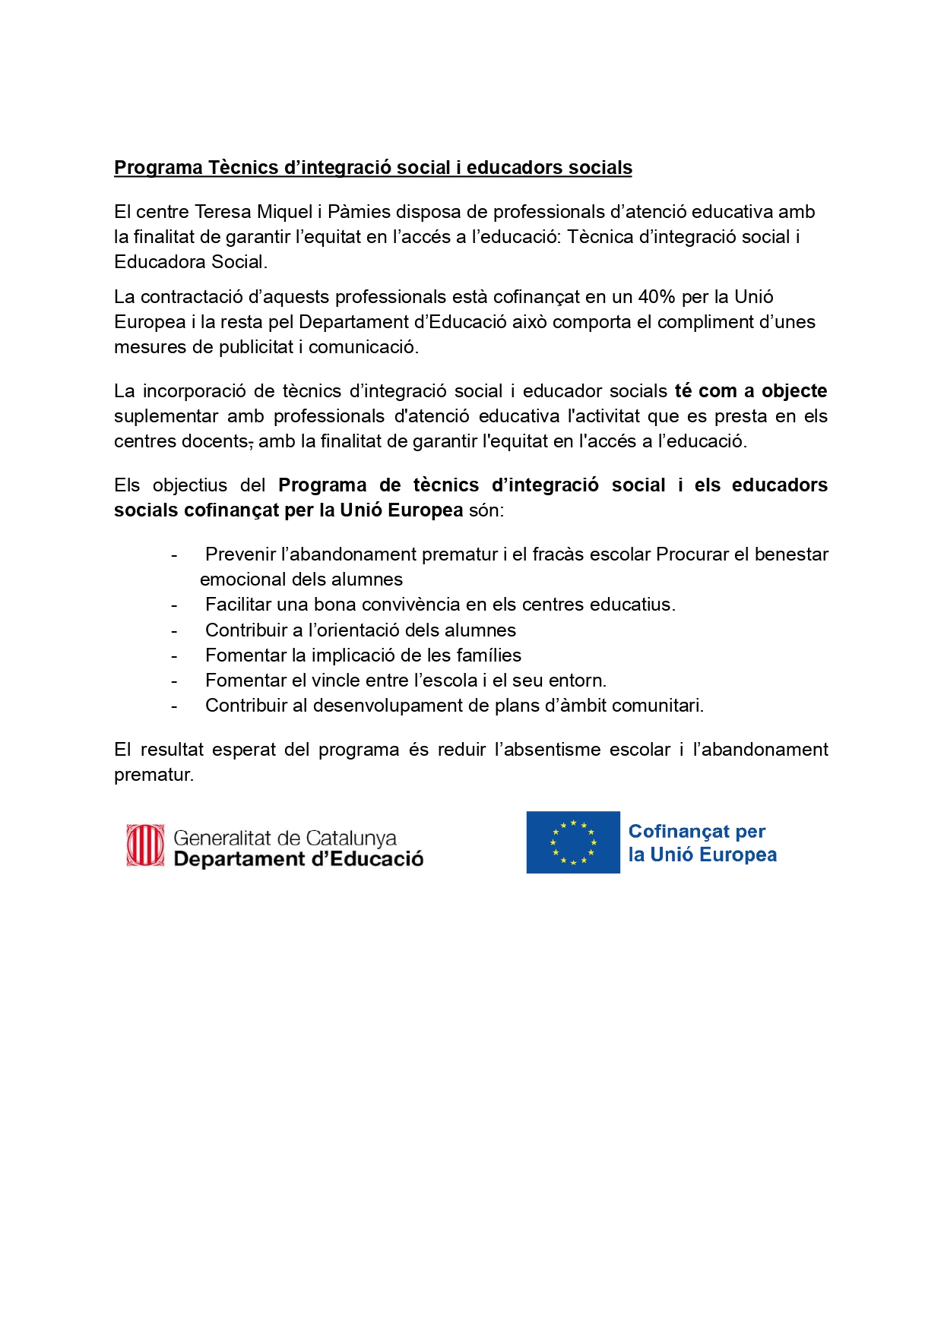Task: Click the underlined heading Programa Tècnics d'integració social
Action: [x=372, y=168]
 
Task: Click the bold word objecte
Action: [x=794, y=391]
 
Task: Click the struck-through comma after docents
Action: [x=251, y=443]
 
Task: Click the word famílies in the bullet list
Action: [x=486, y=655]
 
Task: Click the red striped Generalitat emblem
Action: [x=145, y=845]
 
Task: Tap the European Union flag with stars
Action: [x=573, y=842]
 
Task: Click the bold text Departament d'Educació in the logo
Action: [x=298, y=859]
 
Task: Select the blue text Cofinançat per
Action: [x=696, y=832]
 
